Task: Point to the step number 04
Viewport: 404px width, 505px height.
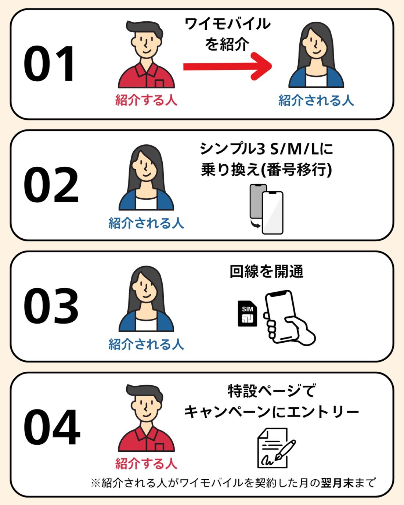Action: pos(52,427)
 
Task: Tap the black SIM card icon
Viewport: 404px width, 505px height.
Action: pos(248,313)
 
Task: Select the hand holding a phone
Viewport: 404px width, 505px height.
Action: pos(288,318)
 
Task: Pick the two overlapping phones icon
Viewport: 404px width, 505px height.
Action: pos(267,209)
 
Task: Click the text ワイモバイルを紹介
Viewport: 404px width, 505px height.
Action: pos(227,34)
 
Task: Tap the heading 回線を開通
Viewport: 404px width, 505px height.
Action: pos(267,272)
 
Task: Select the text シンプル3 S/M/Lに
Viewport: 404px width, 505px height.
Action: pos(267,149)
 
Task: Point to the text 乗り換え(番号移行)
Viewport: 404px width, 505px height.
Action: pos(267,170)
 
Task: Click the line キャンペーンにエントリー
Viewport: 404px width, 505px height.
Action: pos(271,412)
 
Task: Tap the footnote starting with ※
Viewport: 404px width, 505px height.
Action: pos(233,482)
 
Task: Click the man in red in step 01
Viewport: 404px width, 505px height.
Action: pos(146,55)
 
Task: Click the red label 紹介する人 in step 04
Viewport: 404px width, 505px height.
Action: pos(146,463)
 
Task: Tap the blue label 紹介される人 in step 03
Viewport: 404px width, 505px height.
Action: pos(146,344)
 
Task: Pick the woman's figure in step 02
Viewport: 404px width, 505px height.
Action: pos(146,178)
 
